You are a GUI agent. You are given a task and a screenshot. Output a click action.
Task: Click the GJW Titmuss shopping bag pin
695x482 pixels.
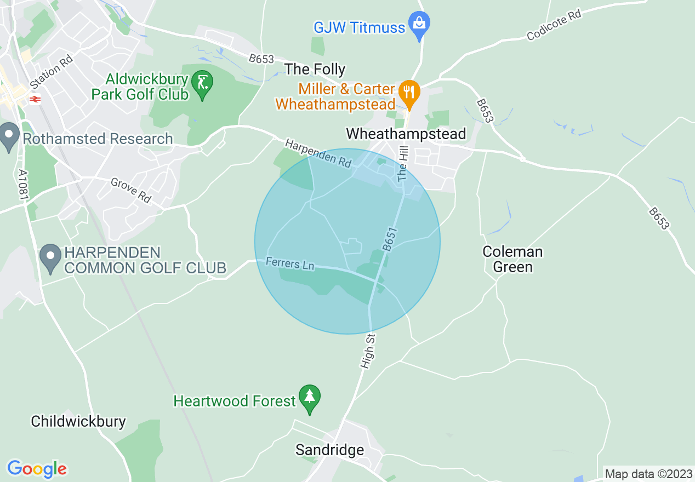pyautogui.click(x=419, y=25)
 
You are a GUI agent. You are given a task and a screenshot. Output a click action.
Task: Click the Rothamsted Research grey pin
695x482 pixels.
pyautogui.click(x=9, y=137)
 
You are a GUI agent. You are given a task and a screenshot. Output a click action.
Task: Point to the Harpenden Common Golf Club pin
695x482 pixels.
pyautogui.click(x=51, y=259)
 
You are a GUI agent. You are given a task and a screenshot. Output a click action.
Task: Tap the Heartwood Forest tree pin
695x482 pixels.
pyautogui.click(x=310, y=398)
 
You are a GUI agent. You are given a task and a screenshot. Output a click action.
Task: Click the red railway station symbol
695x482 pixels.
pyautogui.click(x=35, y=99)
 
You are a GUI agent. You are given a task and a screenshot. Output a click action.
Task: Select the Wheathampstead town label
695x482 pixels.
pyautogui.click(x=406, y=134)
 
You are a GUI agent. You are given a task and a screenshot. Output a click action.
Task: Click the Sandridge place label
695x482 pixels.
pyautogui.click(x=329, y=450)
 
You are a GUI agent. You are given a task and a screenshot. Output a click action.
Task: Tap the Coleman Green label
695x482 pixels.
pyautogui.click(x=512, y=259)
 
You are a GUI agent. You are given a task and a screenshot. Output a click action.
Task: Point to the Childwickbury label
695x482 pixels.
pyautogui.click(x=78, y=421)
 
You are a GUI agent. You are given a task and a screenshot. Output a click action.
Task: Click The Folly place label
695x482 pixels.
pyautogui.click(x=315, y=69)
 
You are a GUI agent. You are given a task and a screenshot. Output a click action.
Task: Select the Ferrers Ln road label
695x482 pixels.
pyautogui.click(x=290, y=264)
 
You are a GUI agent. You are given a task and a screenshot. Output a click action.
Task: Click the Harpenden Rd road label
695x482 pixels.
pyautogui.click(x=318, y=153)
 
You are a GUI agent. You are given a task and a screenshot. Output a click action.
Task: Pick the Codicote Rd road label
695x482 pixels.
pyautogui.click(x=554, y=25)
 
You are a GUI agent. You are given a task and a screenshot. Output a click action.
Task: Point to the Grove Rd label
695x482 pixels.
pyautogui.click(x=131, y=190)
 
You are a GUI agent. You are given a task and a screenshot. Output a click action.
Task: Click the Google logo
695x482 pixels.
pyautogui.click(x=37, y=469)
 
